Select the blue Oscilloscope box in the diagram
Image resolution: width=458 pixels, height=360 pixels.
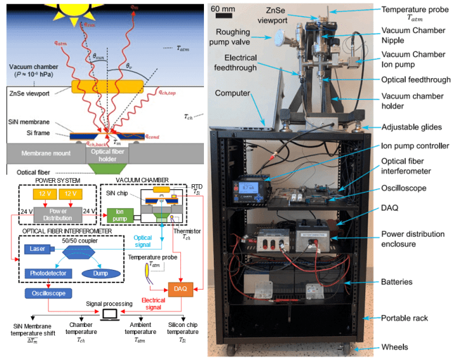click(45, 294)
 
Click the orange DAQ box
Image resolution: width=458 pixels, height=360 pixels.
click(181, 288)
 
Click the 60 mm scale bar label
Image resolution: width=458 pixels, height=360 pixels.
click(223, 8)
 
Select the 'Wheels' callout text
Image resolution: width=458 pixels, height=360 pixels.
click(393, 347)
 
